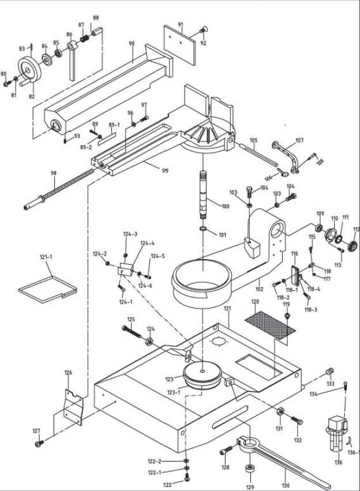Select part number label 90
[x=132, y=43]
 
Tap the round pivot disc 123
[x=202, y=372]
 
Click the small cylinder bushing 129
[x=250, y=468]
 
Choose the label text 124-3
[x=130, y=234]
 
